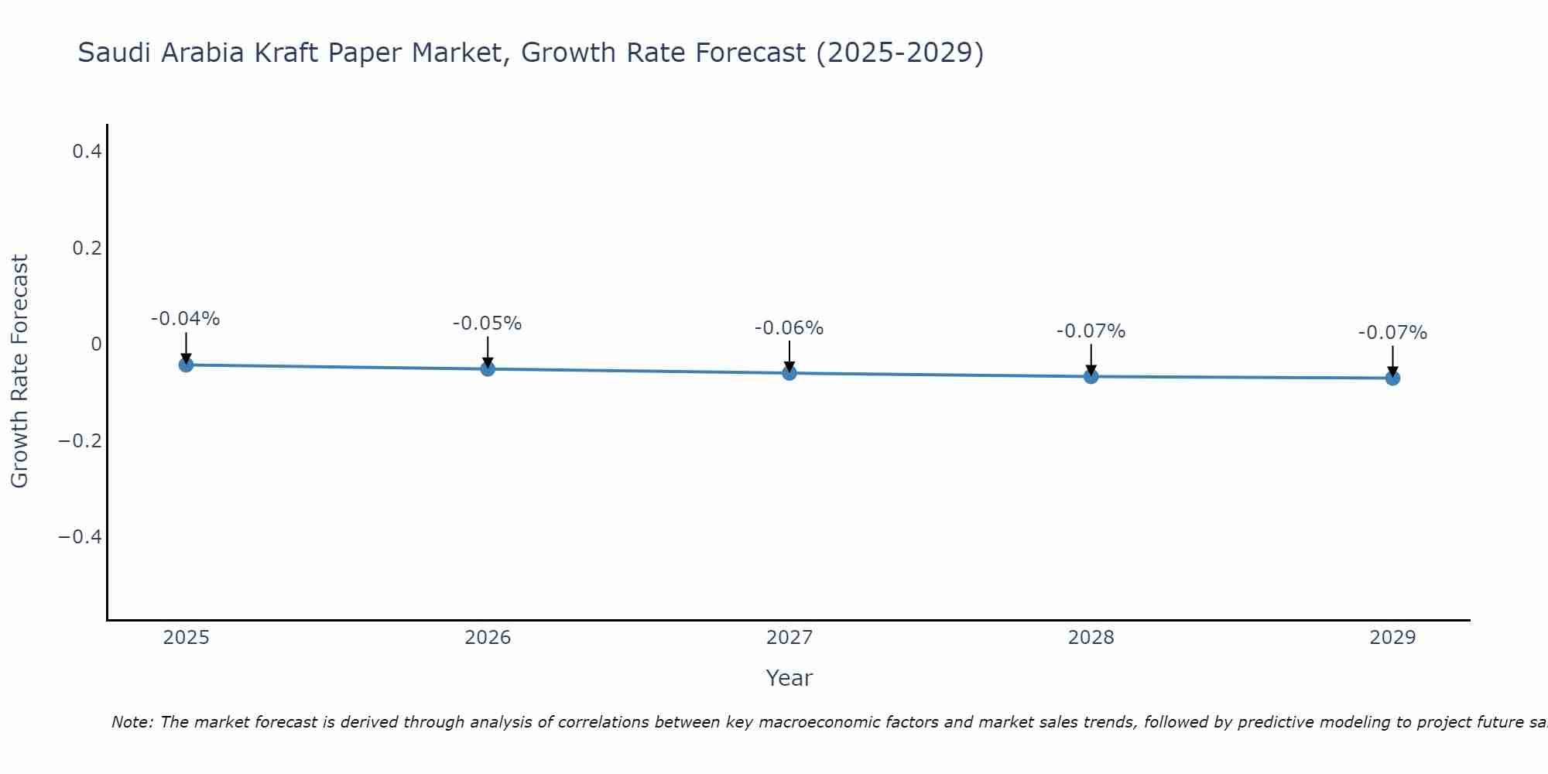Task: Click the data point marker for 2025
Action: tap(186, 365)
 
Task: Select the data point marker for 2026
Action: tap(488, 369)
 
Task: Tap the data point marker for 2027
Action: tap(789, 373)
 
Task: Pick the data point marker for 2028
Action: tap(1091, 376)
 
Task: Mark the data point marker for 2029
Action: tap(1392, 378)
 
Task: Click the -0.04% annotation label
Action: tap(186, 319)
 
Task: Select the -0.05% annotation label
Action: tap(488, 324)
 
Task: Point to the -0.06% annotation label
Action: tap(789, 328)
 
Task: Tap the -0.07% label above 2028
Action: tap(1091, 331)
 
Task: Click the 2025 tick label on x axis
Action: tap(187, 638)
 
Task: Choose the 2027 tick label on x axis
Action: tap(789, 638)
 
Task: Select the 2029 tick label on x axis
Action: tap(1392, 638)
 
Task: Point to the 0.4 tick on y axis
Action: tap(87, 152)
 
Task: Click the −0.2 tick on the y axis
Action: tap(80, 441)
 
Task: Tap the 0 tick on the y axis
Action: tap(96, 344)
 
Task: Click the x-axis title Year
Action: tap(789, 678)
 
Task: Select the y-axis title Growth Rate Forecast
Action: tap(20, 372)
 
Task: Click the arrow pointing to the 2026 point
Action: tap(488, 352)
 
